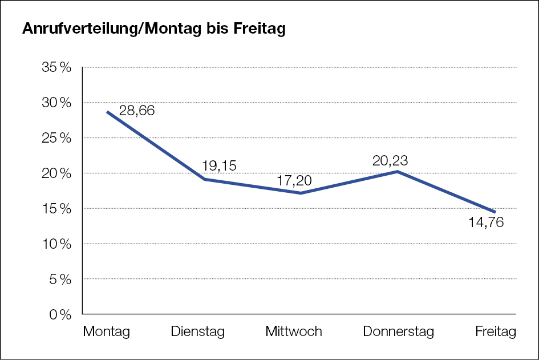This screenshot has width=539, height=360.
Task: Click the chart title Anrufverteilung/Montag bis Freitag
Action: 153,30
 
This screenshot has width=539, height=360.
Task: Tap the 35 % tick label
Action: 57,67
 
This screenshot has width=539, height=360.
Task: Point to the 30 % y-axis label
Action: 57,103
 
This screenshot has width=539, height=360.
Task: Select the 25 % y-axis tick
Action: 57,138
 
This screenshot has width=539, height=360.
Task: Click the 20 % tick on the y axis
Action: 57,173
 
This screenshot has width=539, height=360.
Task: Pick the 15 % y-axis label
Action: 57,209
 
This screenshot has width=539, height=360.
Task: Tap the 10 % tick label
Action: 57,244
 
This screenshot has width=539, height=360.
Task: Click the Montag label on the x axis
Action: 107,331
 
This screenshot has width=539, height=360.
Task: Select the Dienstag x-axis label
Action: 198,331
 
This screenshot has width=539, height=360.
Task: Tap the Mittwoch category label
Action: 294,331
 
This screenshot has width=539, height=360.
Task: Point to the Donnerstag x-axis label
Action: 398,331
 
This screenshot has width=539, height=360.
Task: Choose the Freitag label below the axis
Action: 496,331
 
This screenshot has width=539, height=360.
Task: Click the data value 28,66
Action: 137,111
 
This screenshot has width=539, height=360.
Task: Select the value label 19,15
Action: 219,165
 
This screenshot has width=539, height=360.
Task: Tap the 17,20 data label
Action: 294,181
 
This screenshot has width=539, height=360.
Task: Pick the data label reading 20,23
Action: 390,160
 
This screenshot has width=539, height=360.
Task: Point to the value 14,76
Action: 486,223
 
